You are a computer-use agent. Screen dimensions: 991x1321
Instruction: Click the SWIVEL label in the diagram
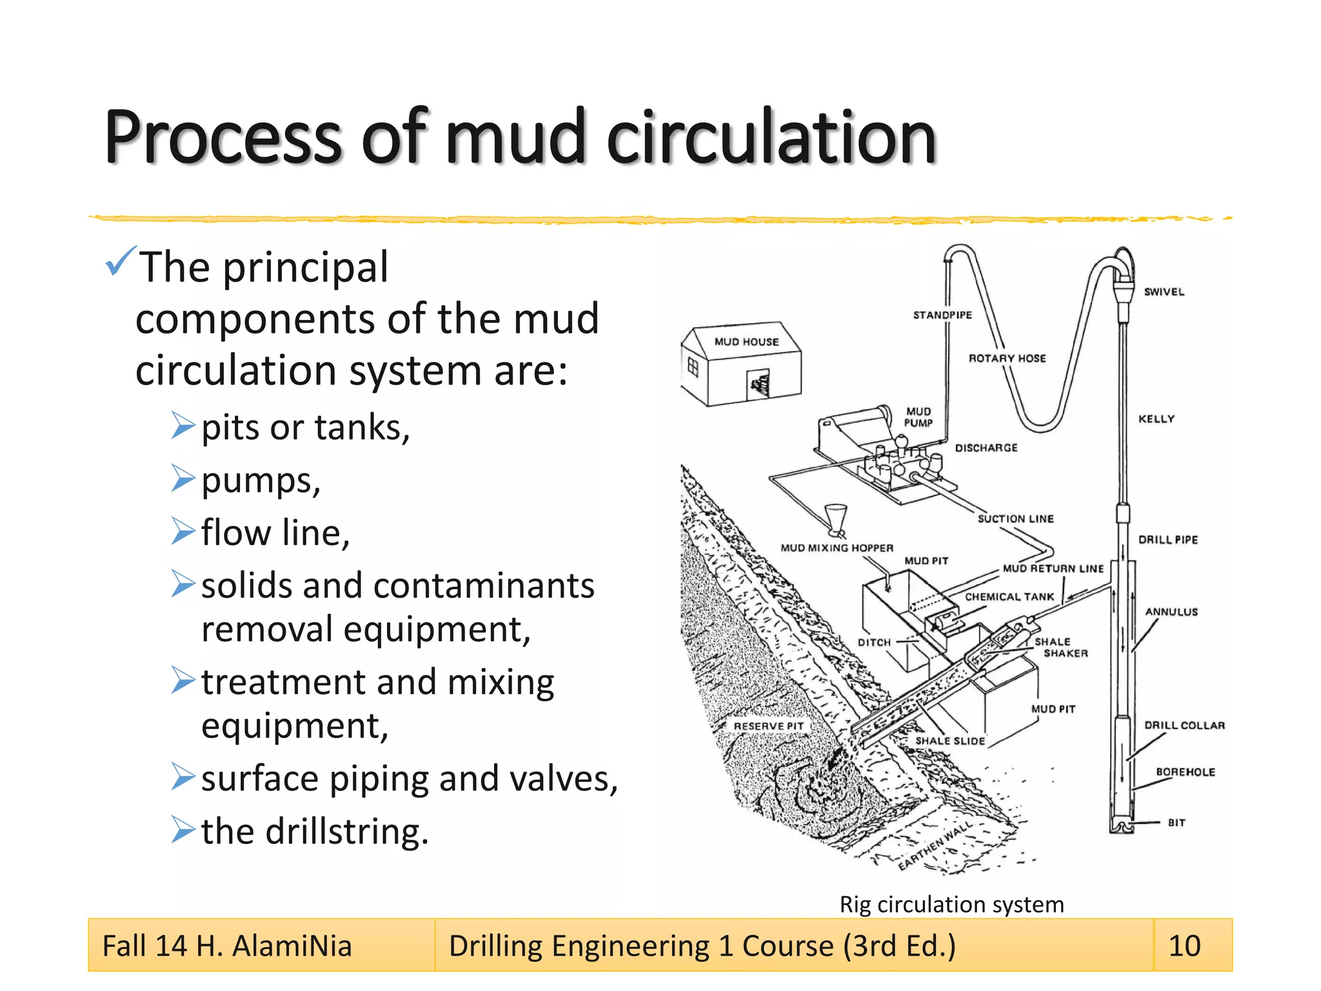point(1164,292)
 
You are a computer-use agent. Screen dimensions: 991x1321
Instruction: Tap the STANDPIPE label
point(942,315)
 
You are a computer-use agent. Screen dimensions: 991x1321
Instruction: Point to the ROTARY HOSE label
point(1007,358)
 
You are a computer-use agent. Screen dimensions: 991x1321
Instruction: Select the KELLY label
point(1157,419)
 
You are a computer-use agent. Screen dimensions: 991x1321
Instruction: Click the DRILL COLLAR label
point(1184,725)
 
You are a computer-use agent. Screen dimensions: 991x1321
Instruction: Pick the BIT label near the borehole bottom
point(1177,823)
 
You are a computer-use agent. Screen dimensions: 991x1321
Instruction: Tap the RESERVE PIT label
point(768,726)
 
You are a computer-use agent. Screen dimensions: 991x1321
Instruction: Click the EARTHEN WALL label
point(935,846)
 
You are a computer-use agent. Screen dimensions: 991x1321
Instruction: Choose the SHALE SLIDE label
point(950,741)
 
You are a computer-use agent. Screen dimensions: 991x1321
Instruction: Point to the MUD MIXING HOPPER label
point(837,548)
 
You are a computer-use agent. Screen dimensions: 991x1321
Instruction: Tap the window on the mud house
point(693,367)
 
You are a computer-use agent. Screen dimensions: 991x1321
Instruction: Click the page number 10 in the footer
point(1184,946)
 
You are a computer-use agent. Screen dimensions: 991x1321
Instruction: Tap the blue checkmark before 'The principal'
point(120,261)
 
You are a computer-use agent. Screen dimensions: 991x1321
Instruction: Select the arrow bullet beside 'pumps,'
point(183,479)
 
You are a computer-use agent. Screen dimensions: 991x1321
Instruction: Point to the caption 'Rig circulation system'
point(951,905)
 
